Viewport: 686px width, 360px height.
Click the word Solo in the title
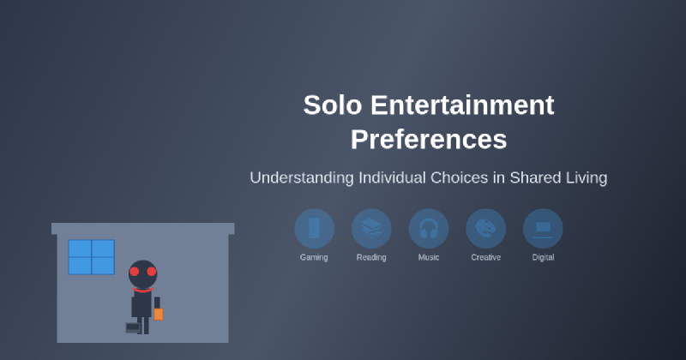(x=331, y=105)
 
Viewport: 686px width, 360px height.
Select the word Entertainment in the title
(x=462, y=105)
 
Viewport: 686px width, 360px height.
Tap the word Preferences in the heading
(x=429, y=139)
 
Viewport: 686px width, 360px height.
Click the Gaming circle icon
(x=314, y=228)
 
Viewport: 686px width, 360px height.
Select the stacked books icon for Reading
(x=371, y=228)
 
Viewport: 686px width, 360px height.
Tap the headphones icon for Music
(x=429, y=228)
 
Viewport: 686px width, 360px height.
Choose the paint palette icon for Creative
(x=485, y=228)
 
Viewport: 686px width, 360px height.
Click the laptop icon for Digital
(x=543, y=228)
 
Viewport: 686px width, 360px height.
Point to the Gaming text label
(x=314, y=257)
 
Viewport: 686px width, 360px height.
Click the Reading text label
(x=371, y=257)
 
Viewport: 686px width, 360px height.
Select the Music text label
(x=429, y=257)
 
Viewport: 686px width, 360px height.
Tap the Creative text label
(x=485, y=257)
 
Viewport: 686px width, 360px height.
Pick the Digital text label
(x=543, y=257)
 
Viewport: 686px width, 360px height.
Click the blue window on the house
(x=92, y=257)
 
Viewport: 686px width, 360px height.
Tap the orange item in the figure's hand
(x=159, y=314)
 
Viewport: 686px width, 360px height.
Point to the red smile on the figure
(x=142, y=289)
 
